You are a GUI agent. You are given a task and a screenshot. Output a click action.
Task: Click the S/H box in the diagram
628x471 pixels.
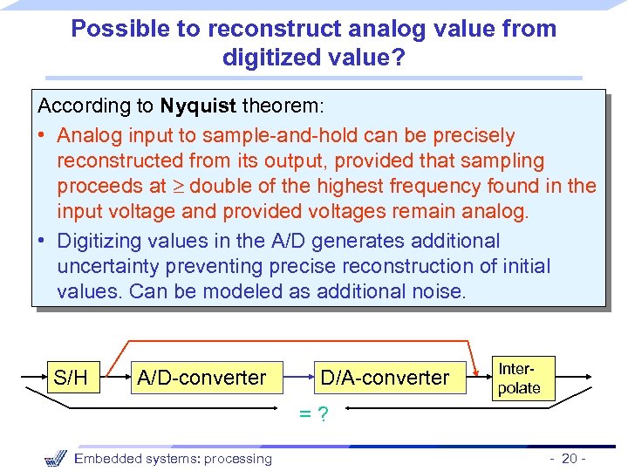tap(71, 378)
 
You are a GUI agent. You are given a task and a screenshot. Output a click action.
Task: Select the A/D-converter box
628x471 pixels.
tap(201, 378)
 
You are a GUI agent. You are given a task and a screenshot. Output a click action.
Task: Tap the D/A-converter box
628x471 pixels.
tap(385, 378)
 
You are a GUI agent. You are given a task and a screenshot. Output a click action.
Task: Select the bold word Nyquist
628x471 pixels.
tap(197, 106)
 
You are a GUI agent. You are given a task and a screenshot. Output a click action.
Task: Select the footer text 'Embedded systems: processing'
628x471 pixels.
tap(174, 459)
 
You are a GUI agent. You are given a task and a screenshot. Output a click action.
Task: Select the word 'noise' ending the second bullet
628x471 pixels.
tap(439, 291)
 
